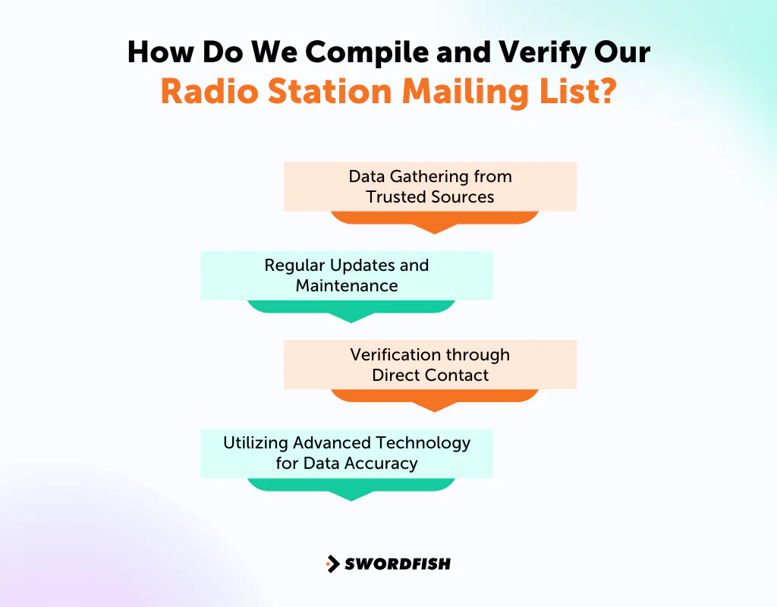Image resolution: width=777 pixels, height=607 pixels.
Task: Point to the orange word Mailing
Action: click(x=464, y=93)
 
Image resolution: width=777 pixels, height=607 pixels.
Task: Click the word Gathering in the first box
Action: click(x=429, y=177)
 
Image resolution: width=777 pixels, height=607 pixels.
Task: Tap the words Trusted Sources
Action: click(x=430, y=197)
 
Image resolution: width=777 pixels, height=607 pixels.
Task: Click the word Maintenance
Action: click(x=347, y=286)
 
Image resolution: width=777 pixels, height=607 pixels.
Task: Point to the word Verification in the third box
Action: click(x=397, y=354)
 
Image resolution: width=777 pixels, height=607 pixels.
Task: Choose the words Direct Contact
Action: click(x=430, y=375)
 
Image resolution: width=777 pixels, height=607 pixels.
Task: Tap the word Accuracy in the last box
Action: click(x=380, y=463)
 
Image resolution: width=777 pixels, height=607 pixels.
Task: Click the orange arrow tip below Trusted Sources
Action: click(x=434, y=228)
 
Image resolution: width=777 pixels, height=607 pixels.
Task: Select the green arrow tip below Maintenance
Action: click(x=351, y=317)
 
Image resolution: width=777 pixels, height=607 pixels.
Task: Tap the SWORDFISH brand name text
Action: click(x=398, y=564)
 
